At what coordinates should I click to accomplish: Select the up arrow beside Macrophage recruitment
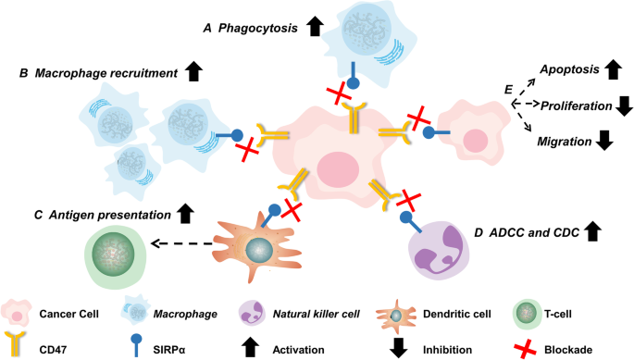[193, 68]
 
